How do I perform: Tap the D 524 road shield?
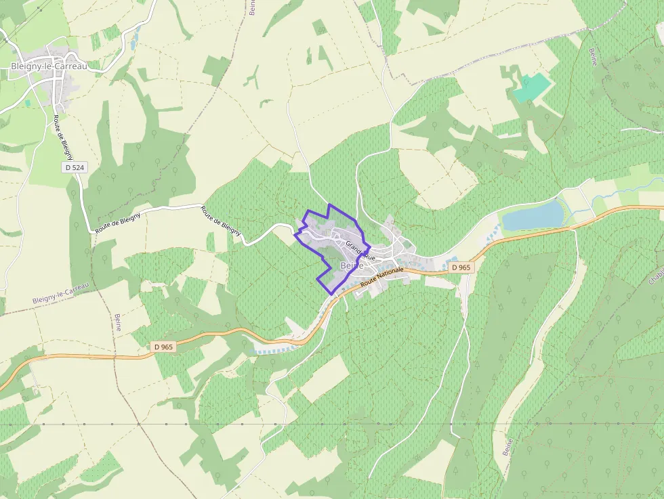[75, 167]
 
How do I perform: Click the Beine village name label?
[352, 265]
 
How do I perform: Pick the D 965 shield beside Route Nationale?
[460, 267]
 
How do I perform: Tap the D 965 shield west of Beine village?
[163, 347]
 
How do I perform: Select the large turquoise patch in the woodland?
[532, 89]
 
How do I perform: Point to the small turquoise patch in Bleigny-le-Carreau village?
[28, 103]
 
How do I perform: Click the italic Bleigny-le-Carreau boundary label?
[60, 292]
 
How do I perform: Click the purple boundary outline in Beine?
[329, 205]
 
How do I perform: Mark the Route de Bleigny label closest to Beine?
[221, 221]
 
